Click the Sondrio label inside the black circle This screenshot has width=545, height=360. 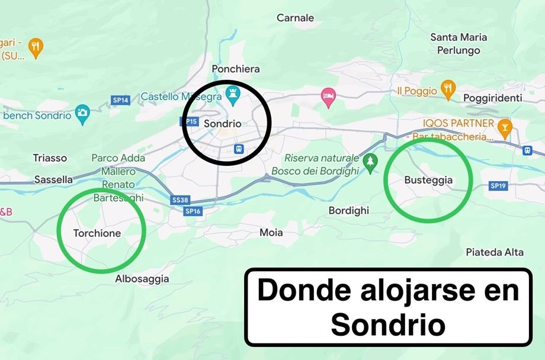(x=222, y=124)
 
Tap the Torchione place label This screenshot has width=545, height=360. (x=97, y=233)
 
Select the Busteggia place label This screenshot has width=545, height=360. (x=428, y=181)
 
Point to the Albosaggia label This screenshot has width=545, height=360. (x=142, y=279)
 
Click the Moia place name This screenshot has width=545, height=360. (x=271, y=233)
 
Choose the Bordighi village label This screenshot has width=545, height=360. (x=349, y=211)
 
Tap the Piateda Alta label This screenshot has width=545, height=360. (x=495, y=252)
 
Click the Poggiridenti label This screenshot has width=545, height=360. (x=493, y=98)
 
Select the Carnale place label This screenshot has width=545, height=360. (x=296, y=18)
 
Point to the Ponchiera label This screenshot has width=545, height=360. (x=236, y=69)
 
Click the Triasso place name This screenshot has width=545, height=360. (x=50, y=158)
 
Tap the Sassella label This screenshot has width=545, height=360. (x=53, y=179)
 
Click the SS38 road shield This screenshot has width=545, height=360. (x=180, y=200)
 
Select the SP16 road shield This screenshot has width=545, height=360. (x=193, y=211)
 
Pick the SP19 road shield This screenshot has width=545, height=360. (x=498, y=186)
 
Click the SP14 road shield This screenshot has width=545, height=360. (x=121, y=100)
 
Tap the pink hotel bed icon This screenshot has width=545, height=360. (x=328, y=95)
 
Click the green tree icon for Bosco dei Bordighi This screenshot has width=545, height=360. (x=371, y=161)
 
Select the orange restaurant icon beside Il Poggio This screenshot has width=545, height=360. (x=448, y=89)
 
